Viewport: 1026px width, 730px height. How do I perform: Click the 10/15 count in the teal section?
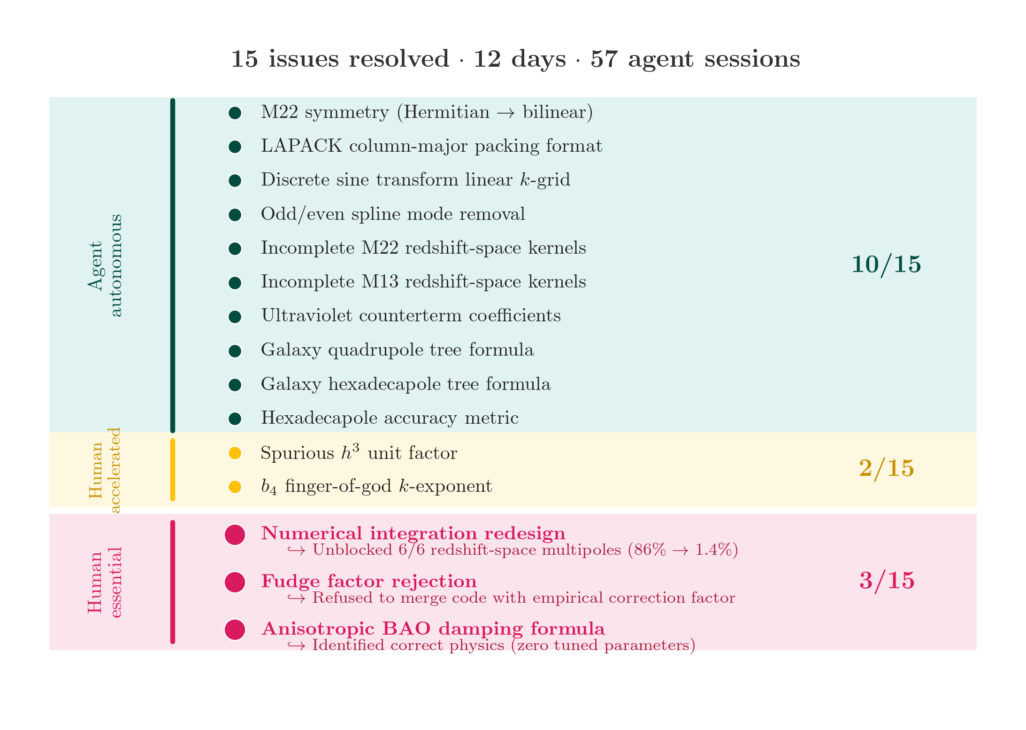(886, 264)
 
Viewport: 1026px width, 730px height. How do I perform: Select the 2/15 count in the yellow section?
(887, 468)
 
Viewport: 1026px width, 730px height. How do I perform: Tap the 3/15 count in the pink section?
(887, 581)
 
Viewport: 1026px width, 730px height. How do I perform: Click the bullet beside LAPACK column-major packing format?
(235, 147)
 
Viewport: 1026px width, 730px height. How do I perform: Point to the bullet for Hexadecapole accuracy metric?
(235, 419)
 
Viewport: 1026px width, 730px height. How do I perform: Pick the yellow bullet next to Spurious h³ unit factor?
(235, 453)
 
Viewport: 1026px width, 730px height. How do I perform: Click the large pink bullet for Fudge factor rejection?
(235, 582)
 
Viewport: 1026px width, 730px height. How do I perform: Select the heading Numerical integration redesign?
(413, 534)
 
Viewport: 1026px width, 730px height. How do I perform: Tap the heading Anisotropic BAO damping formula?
(433, 629)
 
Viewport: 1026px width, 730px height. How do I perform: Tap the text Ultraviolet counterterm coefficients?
(411, 315)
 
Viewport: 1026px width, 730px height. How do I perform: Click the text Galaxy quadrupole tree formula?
(397, 350)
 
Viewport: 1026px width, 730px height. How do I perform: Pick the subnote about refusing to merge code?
(511, 598)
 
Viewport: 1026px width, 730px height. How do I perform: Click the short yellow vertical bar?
(173, 470)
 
